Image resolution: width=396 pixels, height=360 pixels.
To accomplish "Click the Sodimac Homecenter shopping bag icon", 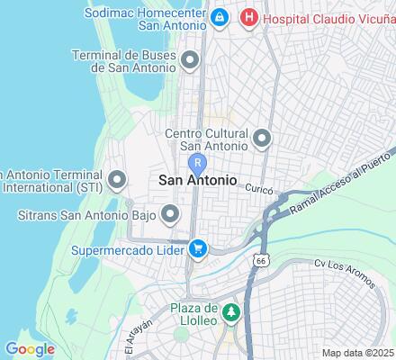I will [219, 16].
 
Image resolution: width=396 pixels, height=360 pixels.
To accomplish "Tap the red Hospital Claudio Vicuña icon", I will [249, 16].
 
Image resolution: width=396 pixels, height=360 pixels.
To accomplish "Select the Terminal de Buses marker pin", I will [190, 60].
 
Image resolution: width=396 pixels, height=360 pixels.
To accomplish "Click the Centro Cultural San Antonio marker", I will [262, 139].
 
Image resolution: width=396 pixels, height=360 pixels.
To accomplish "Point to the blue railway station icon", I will [198, 163].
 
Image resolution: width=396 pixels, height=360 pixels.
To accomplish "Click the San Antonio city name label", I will [198, 180].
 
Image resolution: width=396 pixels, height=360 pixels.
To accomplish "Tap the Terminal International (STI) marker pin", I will [116, 180].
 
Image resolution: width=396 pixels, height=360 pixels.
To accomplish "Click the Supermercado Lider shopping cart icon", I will [197, 246].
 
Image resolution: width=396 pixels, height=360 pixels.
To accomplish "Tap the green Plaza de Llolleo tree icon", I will [231, 312].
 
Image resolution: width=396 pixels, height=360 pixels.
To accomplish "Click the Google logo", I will [30, 349].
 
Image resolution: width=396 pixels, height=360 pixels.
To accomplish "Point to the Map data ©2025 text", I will [357, 353].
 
